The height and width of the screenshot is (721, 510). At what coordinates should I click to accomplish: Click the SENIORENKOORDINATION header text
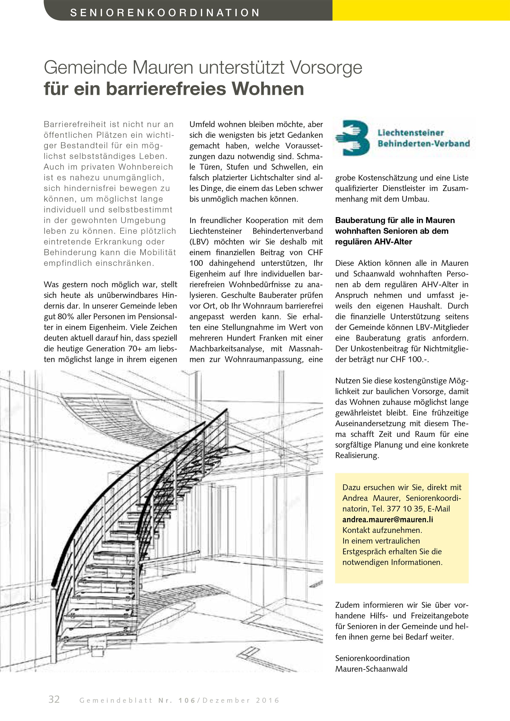click(x=165, y=12)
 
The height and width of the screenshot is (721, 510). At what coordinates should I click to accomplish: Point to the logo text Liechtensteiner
click(x=411, y=133)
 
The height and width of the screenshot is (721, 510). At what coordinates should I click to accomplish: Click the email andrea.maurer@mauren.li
click(x=388, y=519)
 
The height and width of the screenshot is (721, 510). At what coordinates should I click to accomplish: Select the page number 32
click(x=54, y=699)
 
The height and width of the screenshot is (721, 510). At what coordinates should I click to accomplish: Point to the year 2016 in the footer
click(x=267, y=700)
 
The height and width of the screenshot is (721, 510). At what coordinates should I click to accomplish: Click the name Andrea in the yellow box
click(x=355, y=498)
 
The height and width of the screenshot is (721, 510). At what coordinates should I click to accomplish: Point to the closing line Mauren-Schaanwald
click(x=371, y=669)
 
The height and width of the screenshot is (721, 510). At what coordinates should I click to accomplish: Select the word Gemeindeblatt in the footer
click(x=116, y=700)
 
